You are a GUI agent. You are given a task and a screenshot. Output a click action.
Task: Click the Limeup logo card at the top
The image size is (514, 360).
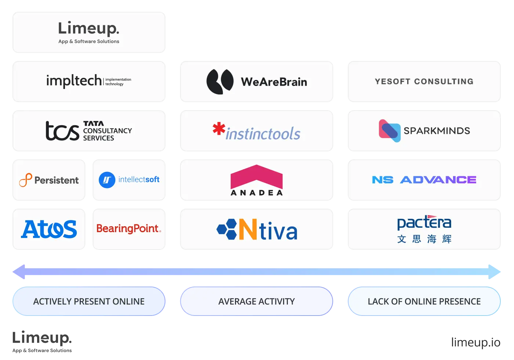tap(89, 32)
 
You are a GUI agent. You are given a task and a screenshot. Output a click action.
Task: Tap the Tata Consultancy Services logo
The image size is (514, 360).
tap(88, 131)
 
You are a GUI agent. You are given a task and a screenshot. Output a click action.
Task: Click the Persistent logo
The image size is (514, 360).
tap(49, 180)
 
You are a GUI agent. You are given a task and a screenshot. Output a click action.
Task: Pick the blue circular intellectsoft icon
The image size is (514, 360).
tap(107, 180)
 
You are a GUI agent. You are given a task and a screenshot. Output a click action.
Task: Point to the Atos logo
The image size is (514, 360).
tap(49, 229)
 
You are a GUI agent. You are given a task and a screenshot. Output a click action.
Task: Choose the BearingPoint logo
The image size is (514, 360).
tap(129, 229)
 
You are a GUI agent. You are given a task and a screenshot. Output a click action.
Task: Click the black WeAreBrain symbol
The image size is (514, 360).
tap(220, 81)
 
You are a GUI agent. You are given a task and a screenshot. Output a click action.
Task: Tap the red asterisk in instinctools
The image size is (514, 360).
tap(219, 129)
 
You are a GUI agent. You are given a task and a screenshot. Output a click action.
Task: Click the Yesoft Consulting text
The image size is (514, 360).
tap(424, 81)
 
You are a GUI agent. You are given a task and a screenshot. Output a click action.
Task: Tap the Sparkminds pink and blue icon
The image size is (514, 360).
tap(390, 130)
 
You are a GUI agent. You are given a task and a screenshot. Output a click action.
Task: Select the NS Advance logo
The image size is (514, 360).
tap(424, 180)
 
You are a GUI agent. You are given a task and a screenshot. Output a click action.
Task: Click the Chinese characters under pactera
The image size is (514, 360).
tap(424, 239)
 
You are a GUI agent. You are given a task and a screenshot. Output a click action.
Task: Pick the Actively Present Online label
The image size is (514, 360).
tap(89, 301)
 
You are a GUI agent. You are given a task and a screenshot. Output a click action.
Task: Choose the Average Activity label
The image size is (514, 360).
tap(257, 301)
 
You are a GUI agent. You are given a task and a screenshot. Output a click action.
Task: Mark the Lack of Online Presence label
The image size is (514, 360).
tap(424, 301)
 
